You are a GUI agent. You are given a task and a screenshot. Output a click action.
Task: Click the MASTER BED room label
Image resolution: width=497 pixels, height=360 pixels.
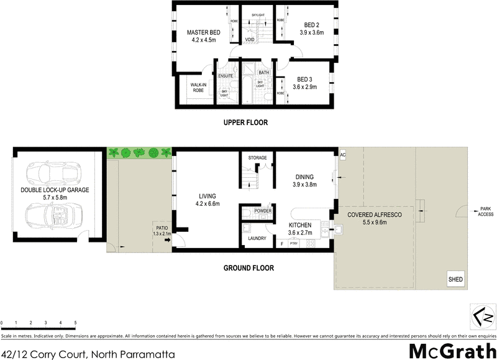[x=204, y=32]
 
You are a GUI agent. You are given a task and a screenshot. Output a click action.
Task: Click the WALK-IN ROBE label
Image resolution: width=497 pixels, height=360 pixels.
[x=198, y=88]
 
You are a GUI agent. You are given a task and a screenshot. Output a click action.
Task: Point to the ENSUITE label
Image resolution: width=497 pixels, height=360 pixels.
[x=226, y=76]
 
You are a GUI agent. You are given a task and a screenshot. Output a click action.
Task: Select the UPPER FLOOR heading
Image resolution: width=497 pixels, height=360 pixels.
[x=245, y=122]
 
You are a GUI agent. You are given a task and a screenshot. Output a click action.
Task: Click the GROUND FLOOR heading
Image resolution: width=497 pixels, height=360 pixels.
[x=248, y=269]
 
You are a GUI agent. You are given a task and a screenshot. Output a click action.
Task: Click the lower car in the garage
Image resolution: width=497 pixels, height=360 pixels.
[x=50, y=215]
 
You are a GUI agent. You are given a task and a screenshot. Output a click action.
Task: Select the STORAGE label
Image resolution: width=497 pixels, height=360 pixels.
[x=257, y=158]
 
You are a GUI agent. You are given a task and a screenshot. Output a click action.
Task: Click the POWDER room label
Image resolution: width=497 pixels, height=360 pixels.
[x=263, y=210]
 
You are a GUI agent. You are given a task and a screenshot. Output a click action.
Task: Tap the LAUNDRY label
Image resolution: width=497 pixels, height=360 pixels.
[x=257, y=238]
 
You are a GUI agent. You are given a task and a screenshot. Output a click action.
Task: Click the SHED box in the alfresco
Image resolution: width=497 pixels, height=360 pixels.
[x=455, y=279]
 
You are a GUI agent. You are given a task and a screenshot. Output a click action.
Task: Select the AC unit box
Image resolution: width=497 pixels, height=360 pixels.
[x=342, y=153]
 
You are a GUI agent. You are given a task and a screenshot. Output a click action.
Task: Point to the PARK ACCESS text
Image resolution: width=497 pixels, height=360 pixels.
[x=485, y=211]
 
